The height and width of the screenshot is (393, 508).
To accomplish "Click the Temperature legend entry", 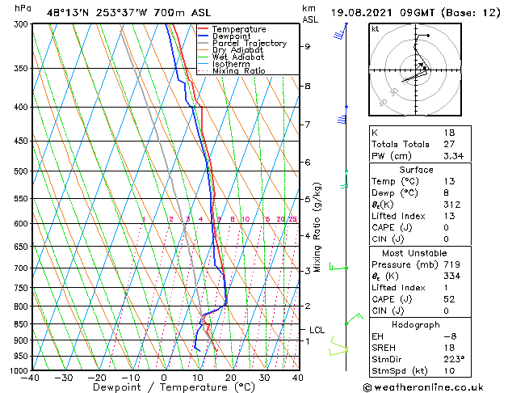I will pyautogui.click(x=238, y=30).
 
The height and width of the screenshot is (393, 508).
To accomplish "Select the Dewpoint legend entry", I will pyautogui.click(x=234, y=36).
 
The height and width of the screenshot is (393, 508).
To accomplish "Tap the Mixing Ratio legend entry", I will pyautogui.click(x=239, y=71).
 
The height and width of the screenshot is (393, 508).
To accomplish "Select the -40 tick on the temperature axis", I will pyautogui.click(x=32, y=378).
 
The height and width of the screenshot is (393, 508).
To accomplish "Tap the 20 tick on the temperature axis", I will pyautogui.click(x=230, y=378).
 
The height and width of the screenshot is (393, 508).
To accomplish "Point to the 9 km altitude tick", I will pyautogui.click(x=307, y=46).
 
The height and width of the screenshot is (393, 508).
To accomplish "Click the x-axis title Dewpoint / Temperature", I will pyautogui.click(x=165, y=387).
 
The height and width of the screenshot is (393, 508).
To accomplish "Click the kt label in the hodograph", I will pyautogui.click(x=375, y=29).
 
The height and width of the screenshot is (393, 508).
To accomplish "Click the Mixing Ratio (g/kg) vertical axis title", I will pyautogui.click(x=318, y=226).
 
